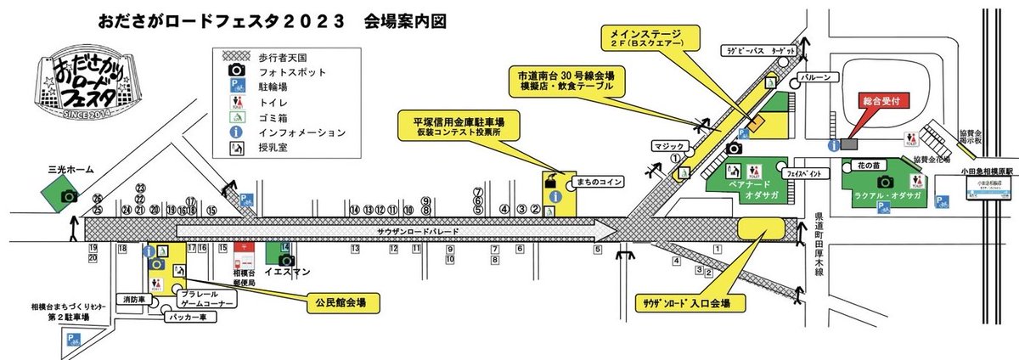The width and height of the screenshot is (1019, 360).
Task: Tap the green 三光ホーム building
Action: (x=68, y=194)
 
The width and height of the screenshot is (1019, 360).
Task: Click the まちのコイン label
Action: (x=598, y=182)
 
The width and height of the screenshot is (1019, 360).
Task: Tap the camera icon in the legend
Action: (x=239, y=70)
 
